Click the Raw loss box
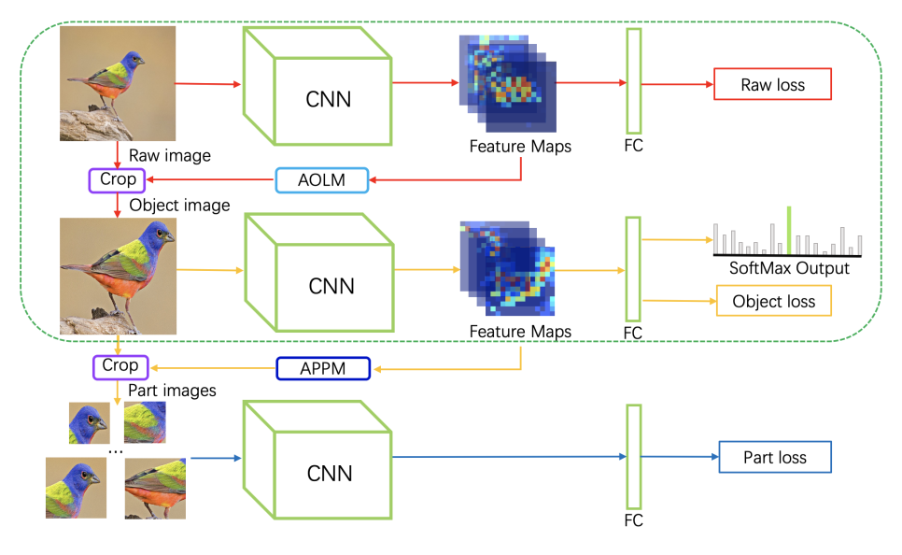[771, 85]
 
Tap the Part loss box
[774, 458]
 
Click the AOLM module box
[322, 179]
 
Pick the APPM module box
[323, 368]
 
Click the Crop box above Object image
[119, 178]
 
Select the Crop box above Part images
[120, 366]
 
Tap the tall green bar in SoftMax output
[788, 230]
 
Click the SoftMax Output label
[789, 268]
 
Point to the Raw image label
[170, 155]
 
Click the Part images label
[171, 391]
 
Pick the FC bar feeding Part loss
[634, 456]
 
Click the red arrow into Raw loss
[677, 85]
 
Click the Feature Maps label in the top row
[520, 146]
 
